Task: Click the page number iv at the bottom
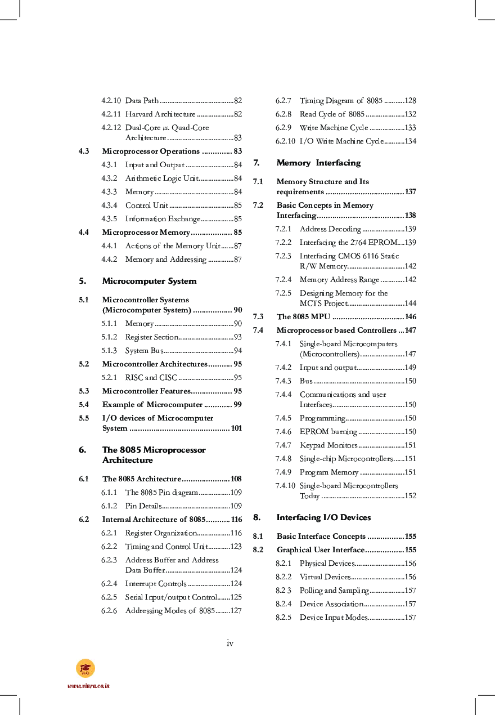pos(230,643)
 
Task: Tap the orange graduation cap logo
pos(85,668)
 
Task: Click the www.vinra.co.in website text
pos(88,686)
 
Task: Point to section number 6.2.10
pos(285,141)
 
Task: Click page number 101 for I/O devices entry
pos(236,428)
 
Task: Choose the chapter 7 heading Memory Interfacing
pos(318,163)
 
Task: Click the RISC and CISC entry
pos(151,378)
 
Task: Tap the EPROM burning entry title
pos(328,432)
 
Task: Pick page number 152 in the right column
pos(410,496)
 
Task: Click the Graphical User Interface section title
pos(320,550)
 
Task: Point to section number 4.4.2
pos(109,260)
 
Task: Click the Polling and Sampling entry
pos(334,591)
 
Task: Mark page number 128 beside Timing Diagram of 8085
pos(410,101)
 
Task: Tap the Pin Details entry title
pos(143,506)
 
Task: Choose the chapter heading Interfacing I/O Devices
pos(323,517)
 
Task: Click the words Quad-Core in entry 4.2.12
pos(190,128)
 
